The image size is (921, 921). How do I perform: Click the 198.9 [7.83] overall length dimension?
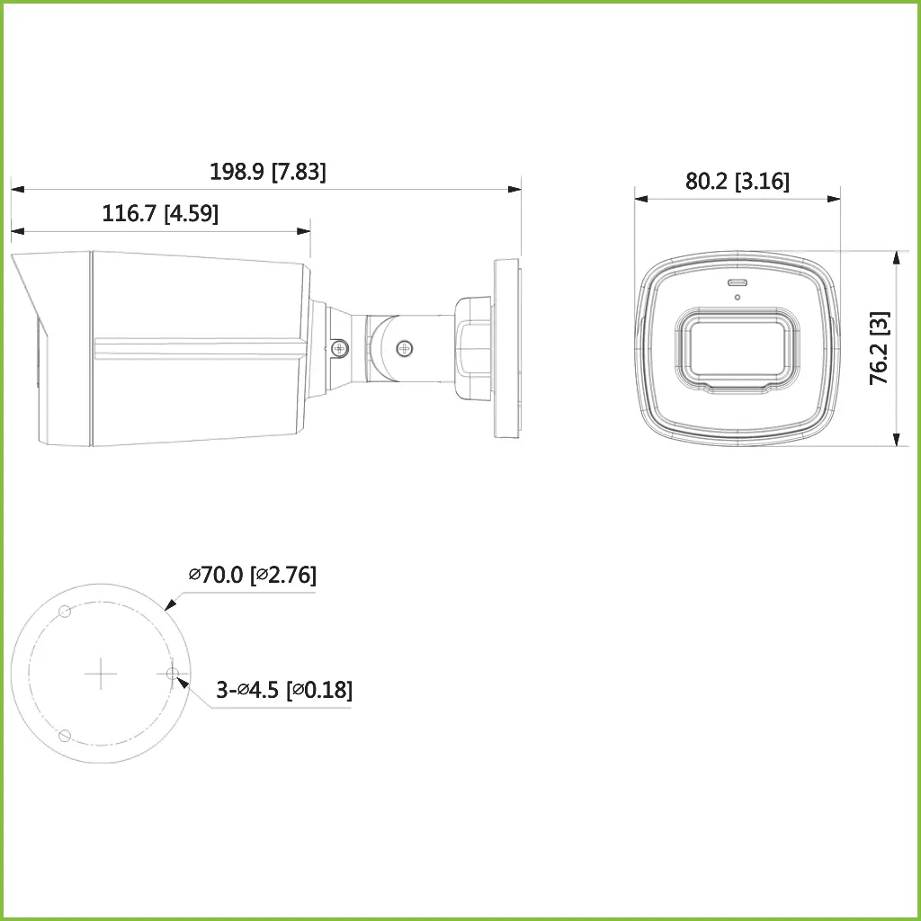(x=267, y=172)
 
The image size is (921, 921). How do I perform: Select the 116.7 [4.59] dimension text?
(x=160, y=214)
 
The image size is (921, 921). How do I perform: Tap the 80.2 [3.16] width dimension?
(x=737, y=181)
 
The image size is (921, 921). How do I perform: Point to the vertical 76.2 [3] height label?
(x=880, y=348)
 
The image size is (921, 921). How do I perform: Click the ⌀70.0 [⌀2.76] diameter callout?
(x=252, y=575)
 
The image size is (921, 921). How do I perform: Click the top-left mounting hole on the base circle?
(x=65, y=612)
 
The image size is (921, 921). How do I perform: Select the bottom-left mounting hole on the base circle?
(x=64, y=735)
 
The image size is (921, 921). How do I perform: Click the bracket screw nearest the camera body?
(x=338, y=346)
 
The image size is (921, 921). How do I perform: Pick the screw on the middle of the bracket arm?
(x=405, y=345)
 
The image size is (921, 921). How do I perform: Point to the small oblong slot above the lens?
(x=737, y=283)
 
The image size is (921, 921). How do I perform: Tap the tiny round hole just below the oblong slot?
(x=737, y=297)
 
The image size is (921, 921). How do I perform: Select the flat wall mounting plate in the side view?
(x=506, y=349)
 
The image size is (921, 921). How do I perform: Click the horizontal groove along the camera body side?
(x=198, y=344)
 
